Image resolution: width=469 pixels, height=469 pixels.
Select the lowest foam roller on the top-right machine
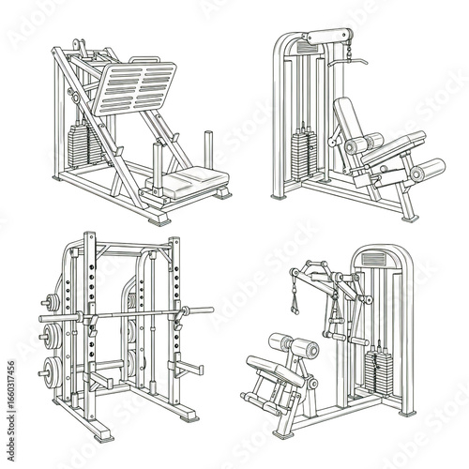[x=428, y=171]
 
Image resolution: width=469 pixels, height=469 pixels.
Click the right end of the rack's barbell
[x=204, y=310]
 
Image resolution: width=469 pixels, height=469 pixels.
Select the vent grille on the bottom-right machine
[x=373, y=257]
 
